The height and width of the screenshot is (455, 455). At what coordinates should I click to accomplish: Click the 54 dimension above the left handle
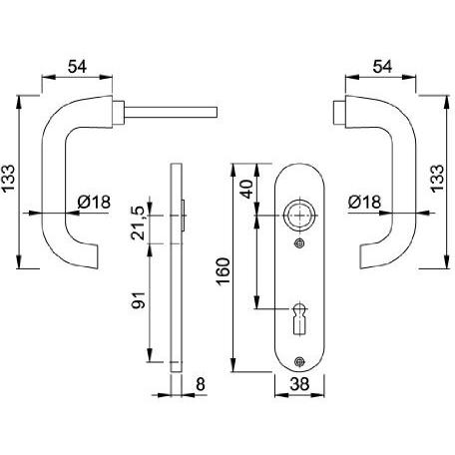tap(77, 67)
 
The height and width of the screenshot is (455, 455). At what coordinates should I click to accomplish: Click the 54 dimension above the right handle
tap(382, 67)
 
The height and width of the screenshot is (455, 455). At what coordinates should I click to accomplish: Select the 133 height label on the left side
tap(9, 178)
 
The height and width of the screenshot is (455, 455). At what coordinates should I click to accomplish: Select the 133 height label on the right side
tap(437, 178)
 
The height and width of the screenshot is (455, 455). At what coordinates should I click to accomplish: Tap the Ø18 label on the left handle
tap(94, 202)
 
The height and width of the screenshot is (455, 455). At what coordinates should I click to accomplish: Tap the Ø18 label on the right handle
tap(364, 202)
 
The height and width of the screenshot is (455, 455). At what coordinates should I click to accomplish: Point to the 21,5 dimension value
tap(139, 224)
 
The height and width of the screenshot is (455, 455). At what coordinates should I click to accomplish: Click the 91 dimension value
tap(139, 300)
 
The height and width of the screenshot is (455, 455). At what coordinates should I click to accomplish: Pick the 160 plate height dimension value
tap(223, 271)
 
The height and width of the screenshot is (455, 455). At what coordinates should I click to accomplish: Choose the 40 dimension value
tap(246, 189)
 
